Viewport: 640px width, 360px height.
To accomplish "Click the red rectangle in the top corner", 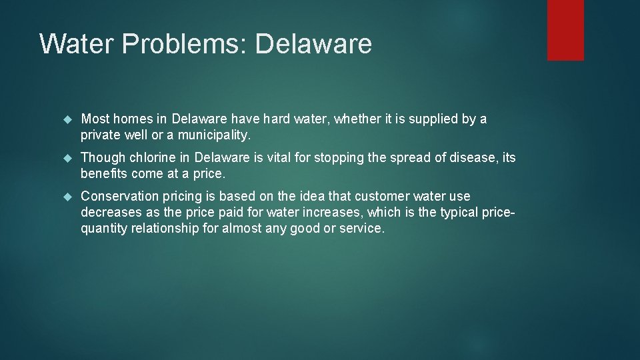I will click(565, 30).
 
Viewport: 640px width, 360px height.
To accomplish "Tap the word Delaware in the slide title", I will click(313, 44).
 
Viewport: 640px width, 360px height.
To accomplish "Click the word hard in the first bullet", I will click(277, 119).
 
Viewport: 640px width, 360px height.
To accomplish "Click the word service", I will click(363, 229).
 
